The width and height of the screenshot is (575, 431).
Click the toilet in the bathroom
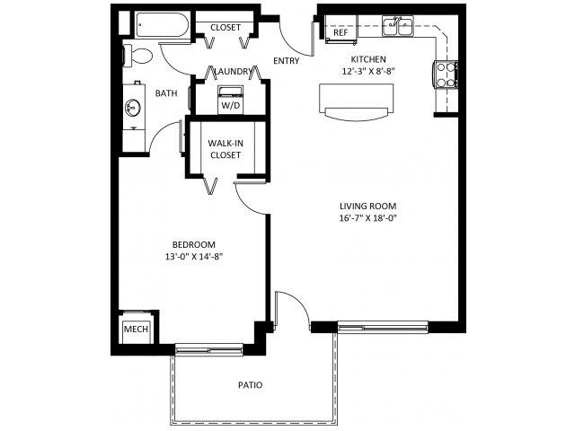point(137,56)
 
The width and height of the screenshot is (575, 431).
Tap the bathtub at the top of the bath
point(162,24)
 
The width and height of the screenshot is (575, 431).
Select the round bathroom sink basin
point(132,108)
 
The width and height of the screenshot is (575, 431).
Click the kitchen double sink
point(398,26)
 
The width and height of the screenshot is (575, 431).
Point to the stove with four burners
point(446,75)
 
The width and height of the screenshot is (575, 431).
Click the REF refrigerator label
point(341,32)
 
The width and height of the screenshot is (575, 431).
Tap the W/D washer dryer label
point(231,106)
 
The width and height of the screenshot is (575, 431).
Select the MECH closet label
point(136,330)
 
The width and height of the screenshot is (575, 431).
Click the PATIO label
point(251,385)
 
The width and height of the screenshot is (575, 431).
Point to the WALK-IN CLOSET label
point(226,149)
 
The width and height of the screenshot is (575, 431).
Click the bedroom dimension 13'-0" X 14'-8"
point(194,257)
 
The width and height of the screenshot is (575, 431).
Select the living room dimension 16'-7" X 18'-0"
point(367,218)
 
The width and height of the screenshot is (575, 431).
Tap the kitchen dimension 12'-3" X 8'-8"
point(368,71)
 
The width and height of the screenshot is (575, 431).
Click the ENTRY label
point(287,61)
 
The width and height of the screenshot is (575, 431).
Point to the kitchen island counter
point(356,101)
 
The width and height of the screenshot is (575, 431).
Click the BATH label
point(166,93)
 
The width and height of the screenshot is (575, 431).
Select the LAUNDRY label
point(234,72)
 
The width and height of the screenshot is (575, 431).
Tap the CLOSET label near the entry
point(226,28)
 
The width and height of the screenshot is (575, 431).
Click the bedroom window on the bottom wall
point(209,349)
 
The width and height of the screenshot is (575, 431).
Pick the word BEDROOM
point(194,244)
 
